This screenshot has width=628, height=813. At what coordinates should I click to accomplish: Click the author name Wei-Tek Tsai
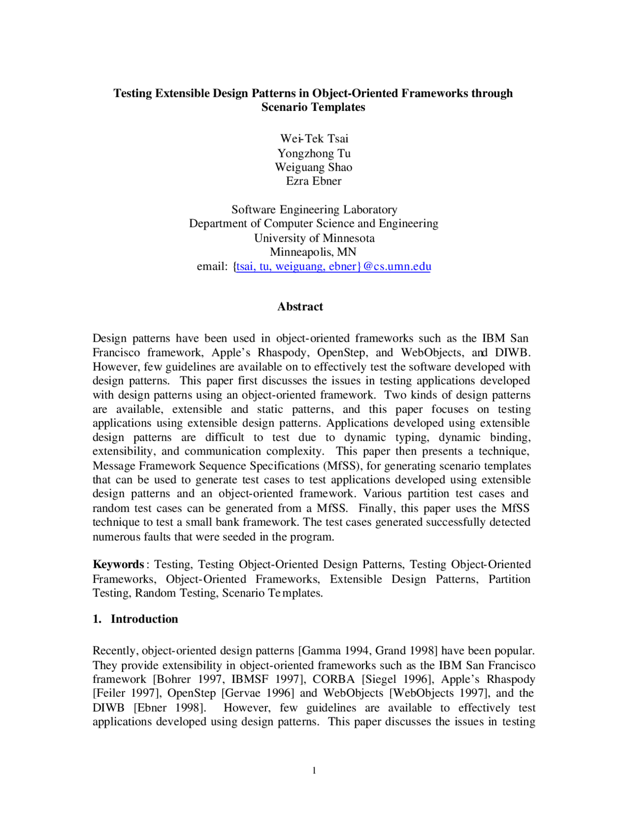pyautogui.click(x=314, y=138)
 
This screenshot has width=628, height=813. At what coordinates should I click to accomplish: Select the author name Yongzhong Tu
pyautogui.click(x=314, y=153)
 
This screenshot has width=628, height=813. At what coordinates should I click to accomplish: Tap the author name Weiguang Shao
pyautogui.click(x=314, y=167)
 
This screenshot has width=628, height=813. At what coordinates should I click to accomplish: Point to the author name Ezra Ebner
pyautogui.click(x=314, y=181)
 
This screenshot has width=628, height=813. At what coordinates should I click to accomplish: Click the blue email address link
pyautogui.click(x=333, y=266)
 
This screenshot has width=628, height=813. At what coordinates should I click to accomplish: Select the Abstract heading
pyautogui.click(x=300, y=306)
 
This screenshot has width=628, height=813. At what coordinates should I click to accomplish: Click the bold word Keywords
pyautogui.click(x=118, y=564)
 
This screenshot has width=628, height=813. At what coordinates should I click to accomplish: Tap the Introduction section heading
pyautogui.click(x=144, y=619)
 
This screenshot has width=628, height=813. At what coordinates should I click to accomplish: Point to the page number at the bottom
pyautogui.click(x=314, y=770)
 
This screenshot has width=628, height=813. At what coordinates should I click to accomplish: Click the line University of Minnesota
pyautogui.click(x=314, y=238)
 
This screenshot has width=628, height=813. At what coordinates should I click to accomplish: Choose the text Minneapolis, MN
pyautogui.click(x=313, y=252)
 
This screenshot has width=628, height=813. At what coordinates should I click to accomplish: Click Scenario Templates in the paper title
pyautogui.click(x=313, y=107)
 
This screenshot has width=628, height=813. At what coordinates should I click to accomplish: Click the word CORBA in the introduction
pyautogui.click(x=334, y=679)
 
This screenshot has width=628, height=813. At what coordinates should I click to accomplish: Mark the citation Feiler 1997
pyautogui.click(x=127, y=693)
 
